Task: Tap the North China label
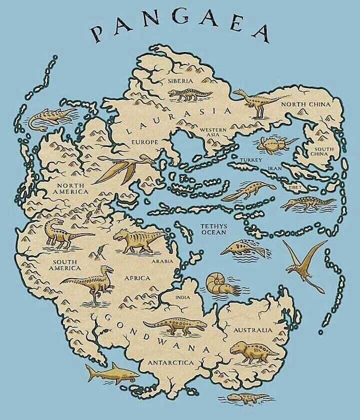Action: pyautogui.click(x=305, y=104)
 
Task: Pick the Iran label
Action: pyautogui.click(x=275, y=169)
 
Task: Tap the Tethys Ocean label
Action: pyautogui.click(x=213, y=229)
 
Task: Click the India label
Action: pyautogui.click(x=182, y=298)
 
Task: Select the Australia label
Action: pyautogui.click(x=253, y=330)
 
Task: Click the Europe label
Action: pyautogui.click(x=144, y=142)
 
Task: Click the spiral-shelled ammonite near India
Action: pyautogui.click(x=216, y=285)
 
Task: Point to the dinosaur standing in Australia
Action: pyautogui.click(x=253, y=351)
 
